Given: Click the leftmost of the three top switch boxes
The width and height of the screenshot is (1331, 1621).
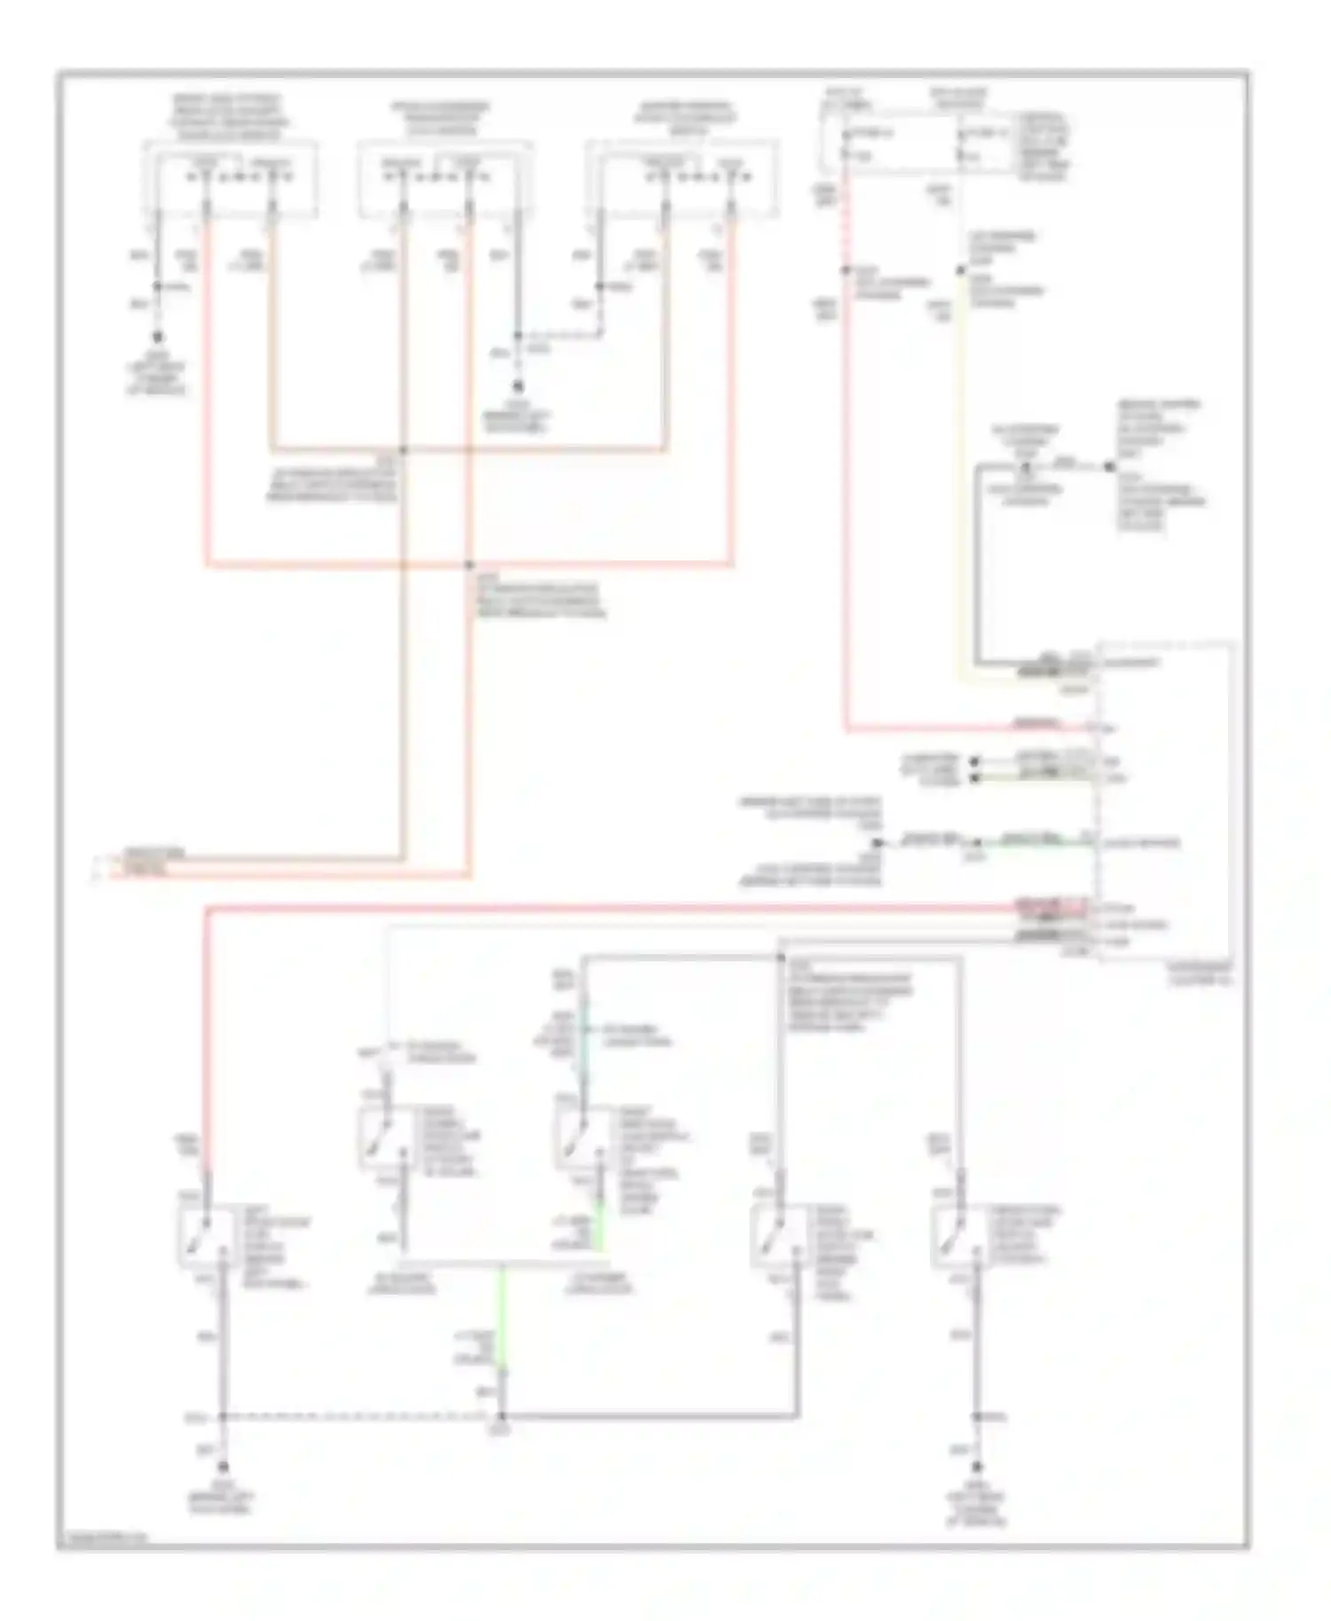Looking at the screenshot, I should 232,180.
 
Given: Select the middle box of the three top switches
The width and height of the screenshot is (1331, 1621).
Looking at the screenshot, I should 445,180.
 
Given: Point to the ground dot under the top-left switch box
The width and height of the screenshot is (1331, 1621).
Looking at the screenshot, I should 158,337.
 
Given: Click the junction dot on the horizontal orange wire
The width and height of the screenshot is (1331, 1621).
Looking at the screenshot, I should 403,450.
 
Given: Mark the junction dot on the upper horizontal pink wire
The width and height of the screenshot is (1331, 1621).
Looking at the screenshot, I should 469,564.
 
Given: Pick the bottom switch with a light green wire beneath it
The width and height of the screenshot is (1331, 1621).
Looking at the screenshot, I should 581,1140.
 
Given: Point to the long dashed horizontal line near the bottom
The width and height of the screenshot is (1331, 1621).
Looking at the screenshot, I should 355,1416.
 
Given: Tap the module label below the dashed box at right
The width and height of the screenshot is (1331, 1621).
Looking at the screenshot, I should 1200,975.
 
